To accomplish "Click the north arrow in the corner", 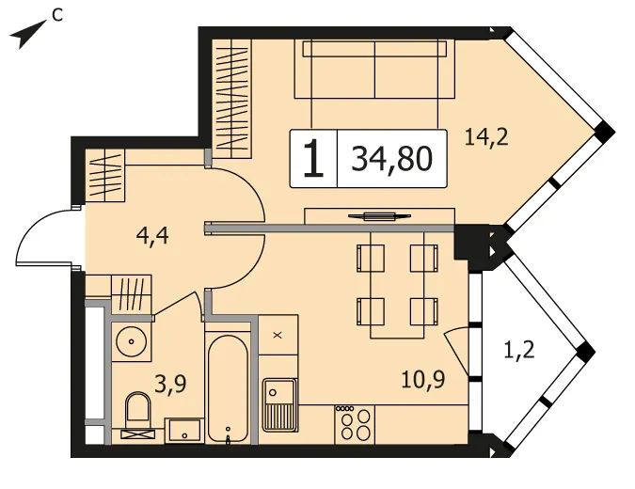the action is [26, 35].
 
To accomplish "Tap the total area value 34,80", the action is [391, 159].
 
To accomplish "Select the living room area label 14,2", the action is [486, 136].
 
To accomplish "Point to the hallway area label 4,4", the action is [152, 236].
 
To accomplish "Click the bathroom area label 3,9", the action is [170, 384].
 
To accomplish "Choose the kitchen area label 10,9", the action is [423, 379].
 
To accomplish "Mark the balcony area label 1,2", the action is [519, 350].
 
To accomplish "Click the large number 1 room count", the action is [313, 159].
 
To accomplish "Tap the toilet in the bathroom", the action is [137, 414].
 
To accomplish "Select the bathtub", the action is [228, 389].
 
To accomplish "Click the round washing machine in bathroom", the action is [131, 341].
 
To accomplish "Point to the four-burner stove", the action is [355, 424].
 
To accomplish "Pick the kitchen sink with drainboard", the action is [279, 405].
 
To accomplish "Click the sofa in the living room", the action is [374, 69].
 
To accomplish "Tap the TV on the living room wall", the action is [379, 216].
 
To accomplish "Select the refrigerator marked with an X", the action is [278, 335].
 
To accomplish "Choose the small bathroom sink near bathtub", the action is [184, 431].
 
